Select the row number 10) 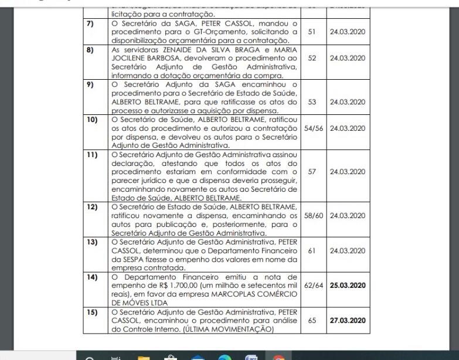tap(91, 120)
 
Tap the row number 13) tap(91, 241)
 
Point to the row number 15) tap(91, 312)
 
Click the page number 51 tap(311, 31)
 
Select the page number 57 tap(311, 172)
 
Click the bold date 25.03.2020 tap(348, 286)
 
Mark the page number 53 tap(311, 102)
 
